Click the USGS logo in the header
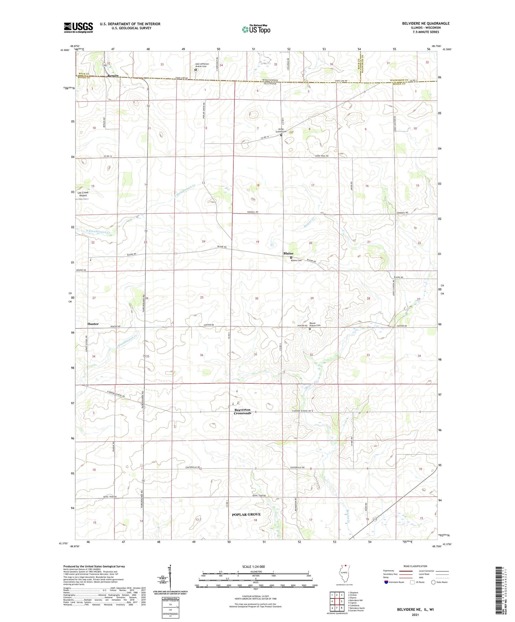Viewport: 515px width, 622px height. pos(78,27)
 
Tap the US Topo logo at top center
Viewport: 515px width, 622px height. pos(256,29)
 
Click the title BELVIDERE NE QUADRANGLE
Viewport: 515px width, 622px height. pos(426,24)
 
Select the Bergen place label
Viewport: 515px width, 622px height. pos(113,76)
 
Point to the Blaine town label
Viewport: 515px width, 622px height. pos(288,253)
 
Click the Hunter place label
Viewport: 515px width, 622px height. pos(93,324)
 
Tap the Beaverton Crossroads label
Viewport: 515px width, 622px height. pos(242,411)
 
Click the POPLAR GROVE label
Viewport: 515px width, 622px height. pos(246,514)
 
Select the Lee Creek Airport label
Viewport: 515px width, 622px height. pos(83,194)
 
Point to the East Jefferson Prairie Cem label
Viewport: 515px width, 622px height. pos(202,65)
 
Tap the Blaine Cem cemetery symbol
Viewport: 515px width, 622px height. pos(291,257)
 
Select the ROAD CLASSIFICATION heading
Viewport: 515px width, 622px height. pos(415,566)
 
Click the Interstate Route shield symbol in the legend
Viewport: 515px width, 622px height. pos(386,582)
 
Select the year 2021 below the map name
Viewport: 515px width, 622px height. pos(415,615)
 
